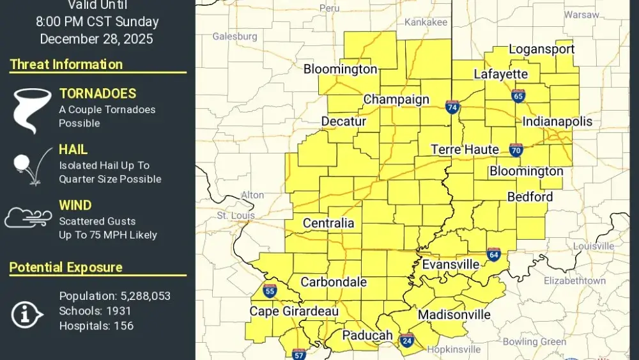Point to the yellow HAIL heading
73,150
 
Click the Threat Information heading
66,65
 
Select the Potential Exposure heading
66,267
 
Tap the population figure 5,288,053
146,296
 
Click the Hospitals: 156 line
96,325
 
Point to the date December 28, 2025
96,38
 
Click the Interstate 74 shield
452,107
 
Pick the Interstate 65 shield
518,96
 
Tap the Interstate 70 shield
516,150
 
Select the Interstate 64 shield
493,254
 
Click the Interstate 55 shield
270,292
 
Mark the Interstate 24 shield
406,340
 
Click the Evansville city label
450,264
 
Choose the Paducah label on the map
367,335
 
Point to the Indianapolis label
557,121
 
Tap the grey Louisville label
594,246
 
